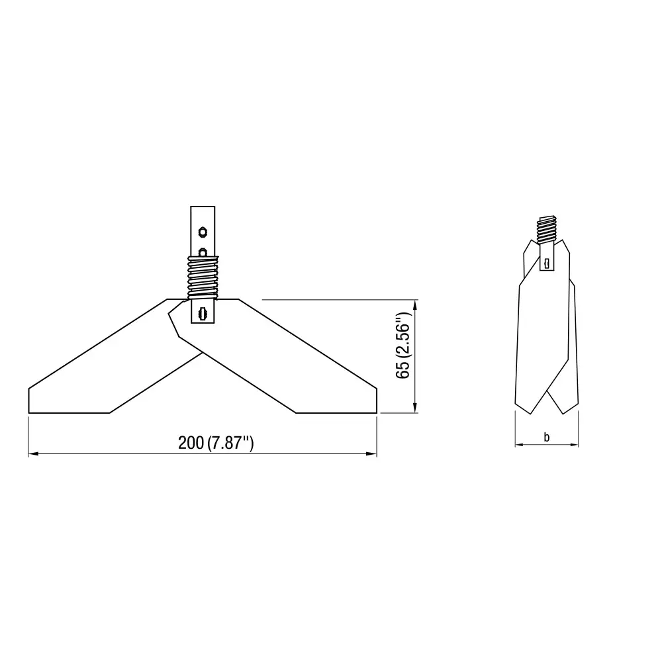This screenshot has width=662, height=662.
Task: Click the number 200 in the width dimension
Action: [191, 444]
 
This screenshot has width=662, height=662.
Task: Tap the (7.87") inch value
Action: [230, 444]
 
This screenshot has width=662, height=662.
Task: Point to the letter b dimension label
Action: [546, 437]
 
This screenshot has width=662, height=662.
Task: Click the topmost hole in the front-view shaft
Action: [203, 232]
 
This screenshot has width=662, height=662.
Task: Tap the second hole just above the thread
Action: [203, 252]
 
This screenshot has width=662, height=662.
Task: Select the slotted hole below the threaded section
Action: [203, 312]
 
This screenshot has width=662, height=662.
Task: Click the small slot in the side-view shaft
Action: [547, 263]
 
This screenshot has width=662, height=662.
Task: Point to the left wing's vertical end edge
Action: [28, 401]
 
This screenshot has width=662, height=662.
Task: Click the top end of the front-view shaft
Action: [203, 207]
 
